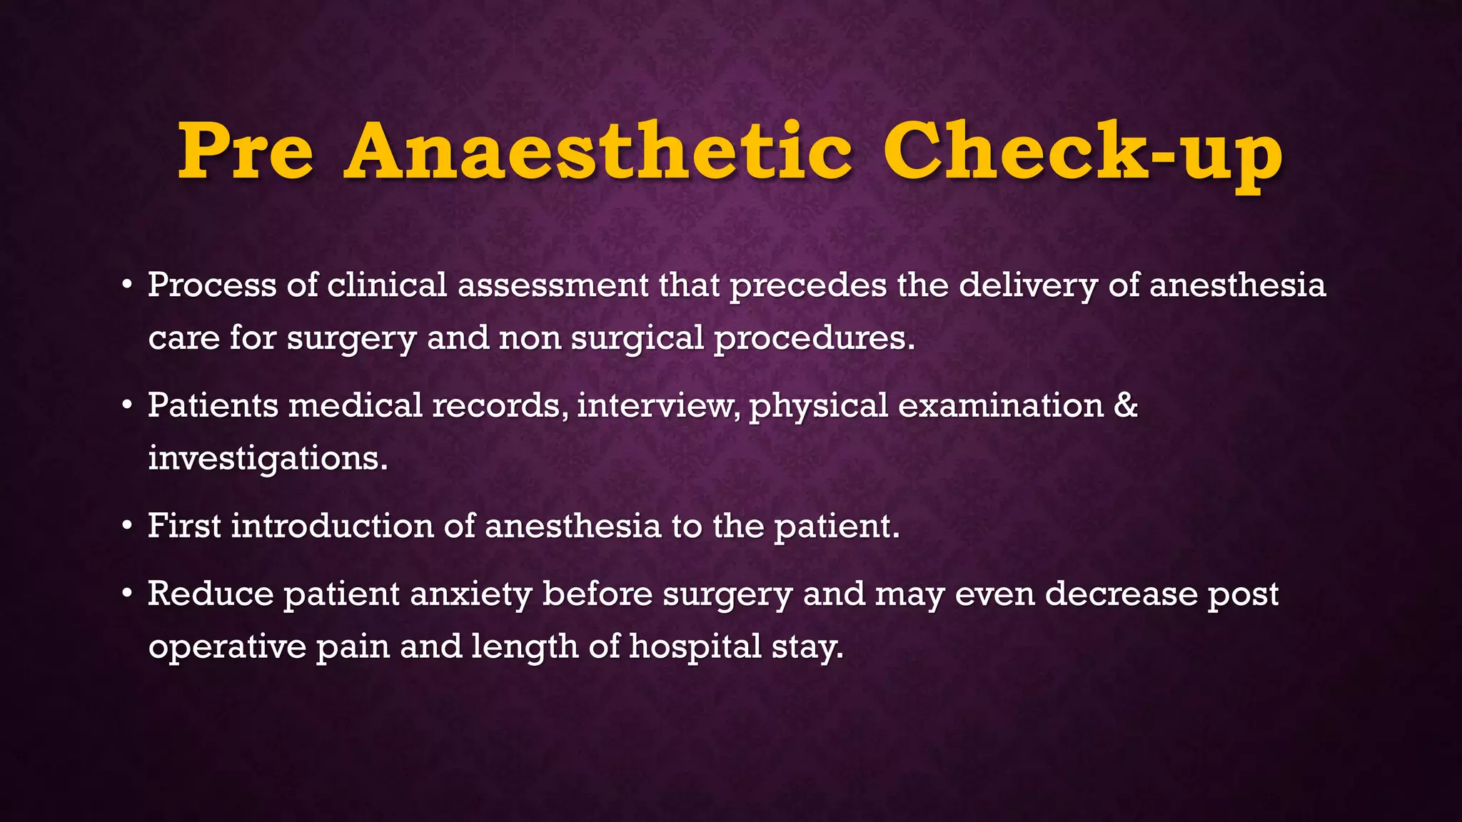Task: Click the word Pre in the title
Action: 246,152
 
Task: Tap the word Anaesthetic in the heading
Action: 598,152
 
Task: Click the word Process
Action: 212,285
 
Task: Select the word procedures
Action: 814,338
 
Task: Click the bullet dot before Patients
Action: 127,406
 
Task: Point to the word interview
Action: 659,406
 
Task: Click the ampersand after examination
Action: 1125,406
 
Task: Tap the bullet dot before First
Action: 127,527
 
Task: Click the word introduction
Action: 332,527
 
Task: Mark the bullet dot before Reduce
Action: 127,594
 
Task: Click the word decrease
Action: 1121,594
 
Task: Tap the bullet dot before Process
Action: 127,285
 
